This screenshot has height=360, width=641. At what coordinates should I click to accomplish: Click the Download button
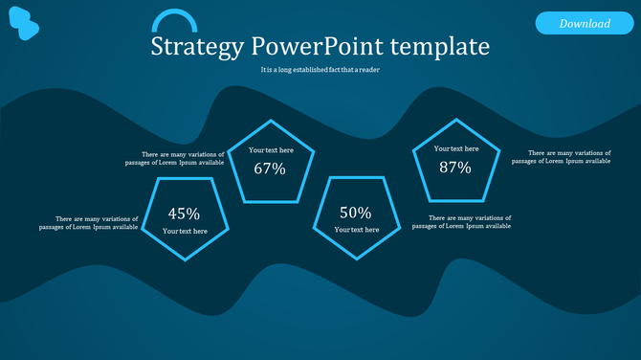pyautogui.click(x=585, y=23)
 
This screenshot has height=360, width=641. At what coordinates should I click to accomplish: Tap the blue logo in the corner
pyautogui.click(x=24, y=24)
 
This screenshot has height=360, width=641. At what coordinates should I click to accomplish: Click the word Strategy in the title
pyautogui.click(x=197, y=47)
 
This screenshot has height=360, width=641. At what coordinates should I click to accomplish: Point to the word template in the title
pyautogui.click(x=446, y=47)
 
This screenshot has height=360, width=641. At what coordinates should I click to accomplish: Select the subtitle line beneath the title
pyautogui.click(x=320, y=70)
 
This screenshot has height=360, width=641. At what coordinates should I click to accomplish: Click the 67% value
pyautogui.click(x=270, y=169)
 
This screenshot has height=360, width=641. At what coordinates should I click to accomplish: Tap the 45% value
pyautogui.click(x=184, y=214)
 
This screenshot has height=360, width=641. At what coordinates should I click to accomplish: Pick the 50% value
pyautogui.click(x=355, y=213)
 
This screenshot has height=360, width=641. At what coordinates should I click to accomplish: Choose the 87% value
pyautogui.click(x=455, y=168)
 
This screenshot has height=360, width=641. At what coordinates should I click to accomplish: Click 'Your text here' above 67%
pyautogui.click(x=271, y=150)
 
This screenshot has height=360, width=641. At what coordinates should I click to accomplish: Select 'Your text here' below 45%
pyautogui.click(x=185, y=232)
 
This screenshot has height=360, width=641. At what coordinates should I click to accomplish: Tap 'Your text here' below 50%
pyautogui.click(x=356, y=230)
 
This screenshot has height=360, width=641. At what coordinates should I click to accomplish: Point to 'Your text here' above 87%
pyautogui.click(x=456, y=148)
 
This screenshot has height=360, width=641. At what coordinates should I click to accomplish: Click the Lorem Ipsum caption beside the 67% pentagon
pyautogui.click(x=175, y=158)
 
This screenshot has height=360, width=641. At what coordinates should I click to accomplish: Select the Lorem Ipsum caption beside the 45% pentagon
pyautogui.click(x=89, y=223)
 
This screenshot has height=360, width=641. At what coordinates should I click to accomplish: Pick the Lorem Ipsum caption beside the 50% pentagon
pyautogui.click(x=461, y=222)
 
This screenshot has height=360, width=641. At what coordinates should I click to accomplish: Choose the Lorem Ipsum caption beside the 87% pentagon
pyautogui.click(x=561, y=157)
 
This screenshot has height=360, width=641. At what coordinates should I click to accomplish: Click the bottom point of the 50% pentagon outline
pyautogui.click(x=355, y=260)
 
